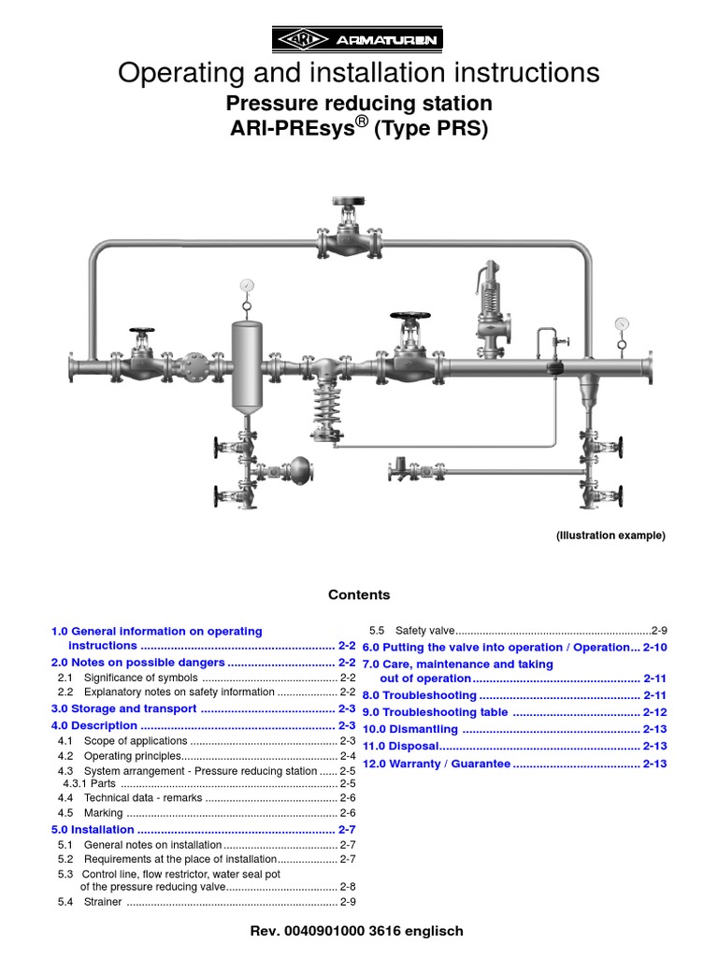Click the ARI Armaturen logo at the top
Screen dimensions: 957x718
tap(358, 39)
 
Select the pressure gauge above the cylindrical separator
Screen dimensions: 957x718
tap(246, 284)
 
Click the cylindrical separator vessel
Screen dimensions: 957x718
tap(247, 366)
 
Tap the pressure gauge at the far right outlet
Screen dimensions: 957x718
tap(622, 324)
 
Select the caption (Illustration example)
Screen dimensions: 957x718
tap(610, 536)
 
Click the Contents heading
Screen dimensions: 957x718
tap(359, 595)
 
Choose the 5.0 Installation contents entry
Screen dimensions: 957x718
tap(90, 829)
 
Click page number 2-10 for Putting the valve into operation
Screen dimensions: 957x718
tap(655, 648)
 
